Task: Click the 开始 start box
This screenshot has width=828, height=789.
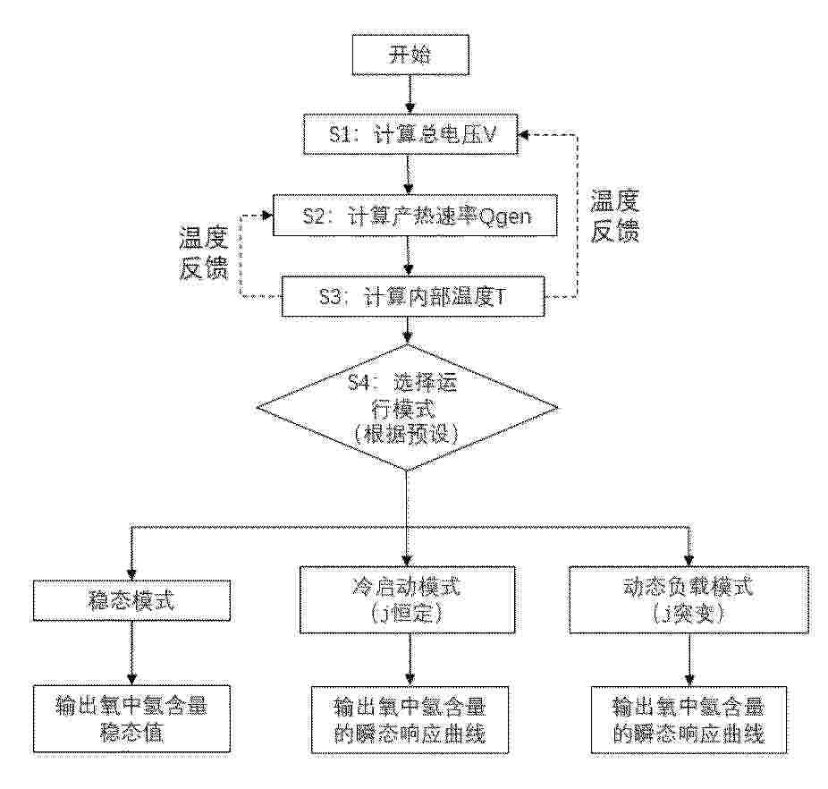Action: click(410, 55)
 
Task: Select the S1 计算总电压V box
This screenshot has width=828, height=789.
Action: click(410, 135)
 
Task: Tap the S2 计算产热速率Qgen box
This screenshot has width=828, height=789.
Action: click(415, 215)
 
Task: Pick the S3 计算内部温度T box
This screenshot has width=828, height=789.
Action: click(413, 296)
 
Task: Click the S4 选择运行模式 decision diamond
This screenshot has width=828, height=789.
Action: click(407, 407)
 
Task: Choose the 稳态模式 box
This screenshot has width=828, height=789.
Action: click(131, 600)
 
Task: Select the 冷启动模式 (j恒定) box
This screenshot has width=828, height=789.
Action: click(407, 600)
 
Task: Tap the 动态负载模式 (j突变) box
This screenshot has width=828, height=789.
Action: click(689, 600)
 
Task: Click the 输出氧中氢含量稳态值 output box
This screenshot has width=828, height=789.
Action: click(131, 718)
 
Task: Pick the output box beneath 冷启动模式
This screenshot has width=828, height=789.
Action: click(410, 720)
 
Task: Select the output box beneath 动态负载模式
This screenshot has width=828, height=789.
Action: click(689, 720)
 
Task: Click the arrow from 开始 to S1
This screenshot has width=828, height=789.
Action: click(410, 95)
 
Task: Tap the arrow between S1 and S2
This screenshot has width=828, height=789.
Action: click(409, 175)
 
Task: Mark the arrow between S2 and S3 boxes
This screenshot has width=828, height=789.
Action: click(409, 256)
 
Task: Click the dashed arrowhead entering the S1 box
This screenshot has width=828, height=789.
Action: click(523, 135)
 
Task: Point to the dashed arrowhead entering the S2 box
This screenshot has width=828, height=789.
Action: click(267, 215)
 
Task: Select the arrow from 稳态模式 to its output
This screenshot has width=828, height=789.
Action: click(131, 653)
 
